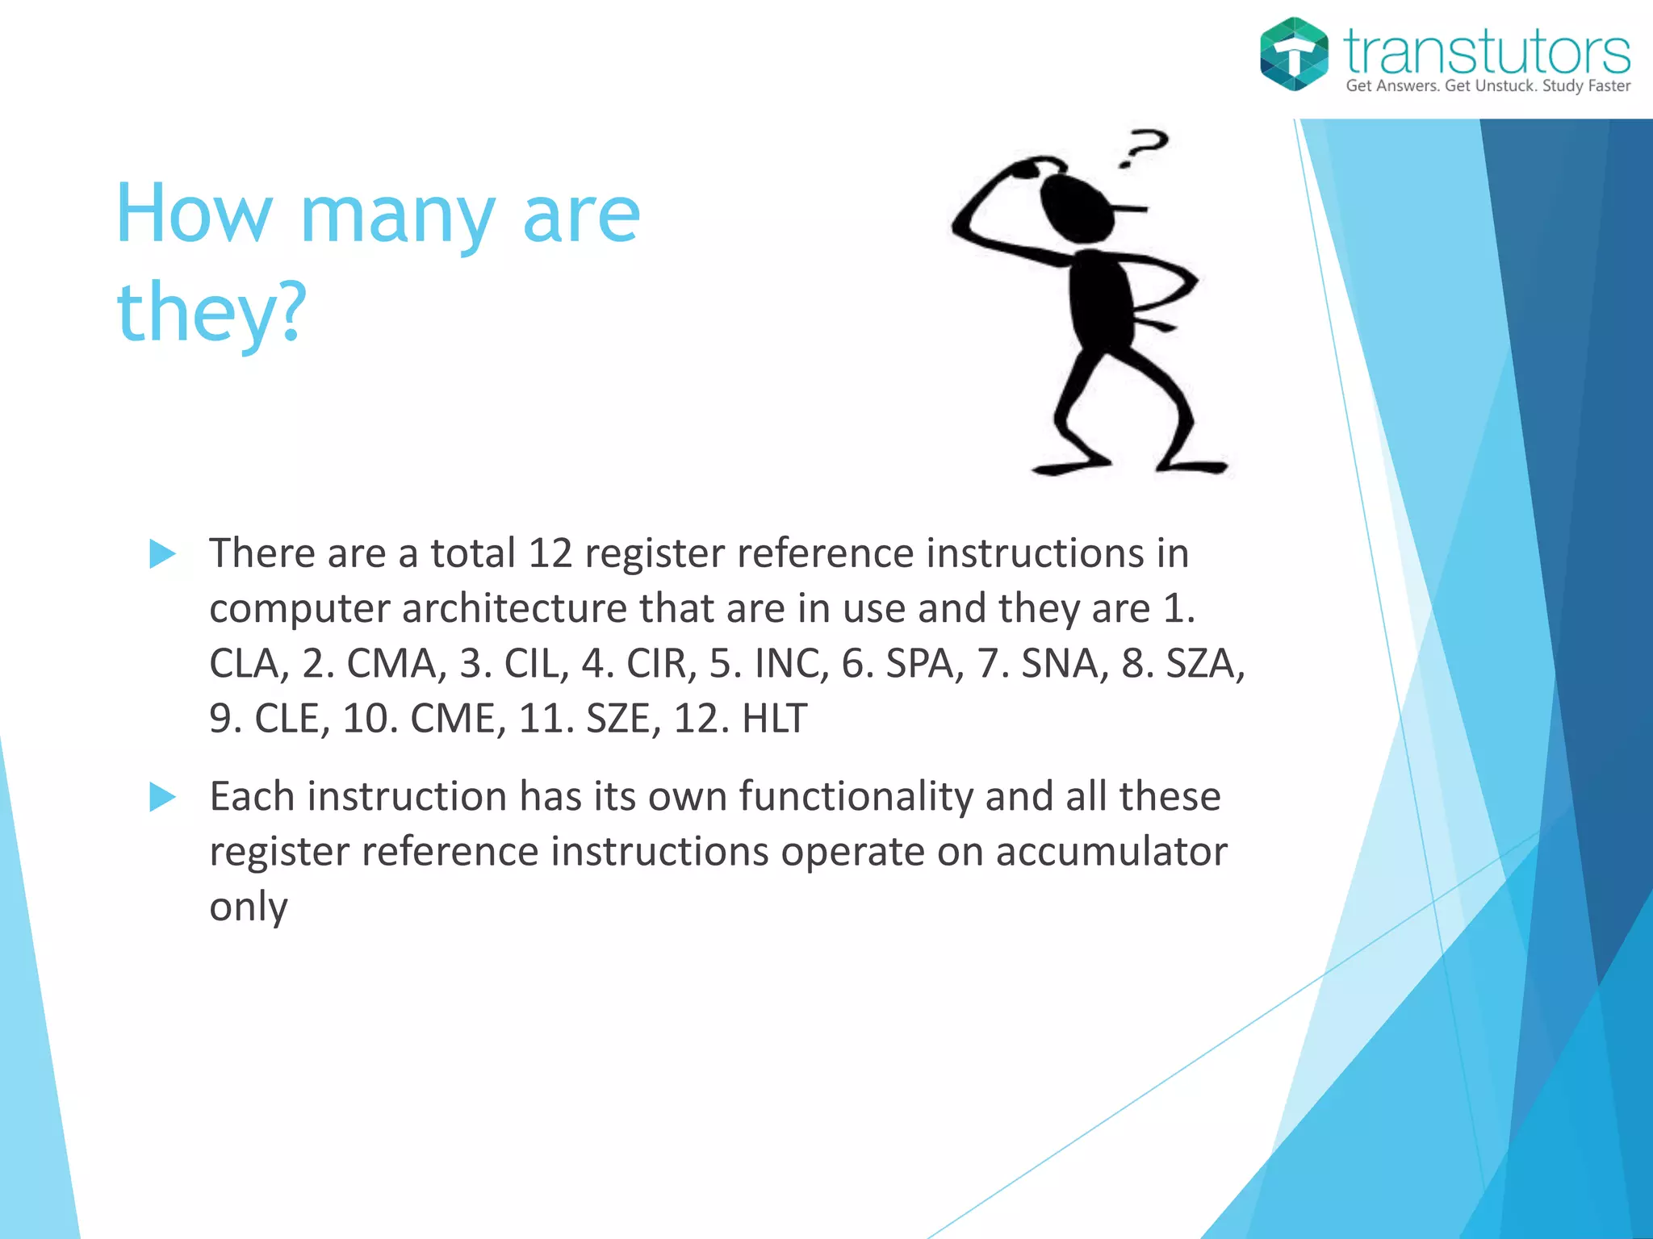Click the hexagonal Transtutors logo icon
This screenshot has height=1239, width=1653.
click(1294, 54)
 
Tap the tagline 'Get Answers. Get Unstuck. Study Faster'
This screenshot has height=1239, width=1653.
click(1488, 86)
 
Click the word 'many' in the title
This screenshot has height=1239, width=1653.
click(396, 216)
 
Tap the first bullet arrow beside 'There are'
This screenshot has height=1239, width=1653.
click(163, 554)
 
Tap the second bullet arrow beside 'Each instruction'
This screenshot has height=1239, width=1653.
click(163, 797)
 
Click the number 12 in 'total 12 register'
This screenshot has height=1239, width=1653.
click(550, 554)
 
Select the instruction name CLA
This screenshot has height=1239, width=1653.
click(245, 664)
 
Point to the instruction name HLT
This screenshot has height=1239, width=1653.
click(773, 719)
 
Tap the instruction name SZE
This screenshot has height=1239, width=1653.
click(617, 719)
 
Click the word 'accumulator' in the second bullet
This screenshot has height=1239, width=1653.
click(1111, 852)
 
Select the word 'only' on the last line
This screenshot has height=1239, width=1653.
click(248, 907)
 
